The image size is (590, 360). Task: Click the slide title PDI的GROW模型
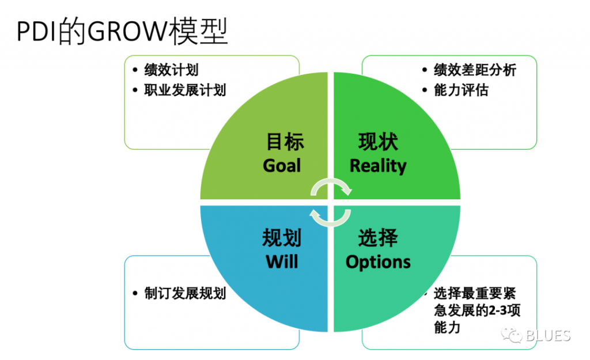[122, 33]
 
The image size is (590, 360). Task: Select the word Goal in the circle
[282, 166]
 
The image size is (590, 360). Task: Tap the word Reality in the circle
[378, 166]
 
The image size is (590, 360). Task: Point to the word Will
[282, 262]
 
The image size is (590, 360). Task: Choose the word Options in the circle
[378, 262]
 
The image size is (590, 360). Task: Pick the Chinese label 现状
[378, 142]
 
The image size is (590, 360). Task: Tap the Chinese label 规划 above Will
[282, 238]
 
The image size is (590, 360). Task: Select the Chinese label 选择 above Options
[378, 238]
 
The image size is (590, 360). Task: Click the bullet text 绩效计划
[171, 70]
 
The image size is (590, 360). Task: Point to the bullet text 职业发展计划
[185, 90]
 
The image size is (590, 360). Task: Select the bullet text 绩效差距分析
[475, 70]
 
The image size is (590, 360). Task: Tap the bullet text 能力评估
[461, 90]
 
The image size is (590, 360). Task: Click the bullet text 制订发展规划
[185, 293]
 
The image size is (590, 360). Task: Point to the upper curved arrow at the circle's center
[330, 185]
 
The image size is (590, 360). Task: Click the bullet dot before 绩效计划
[134, 71]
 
